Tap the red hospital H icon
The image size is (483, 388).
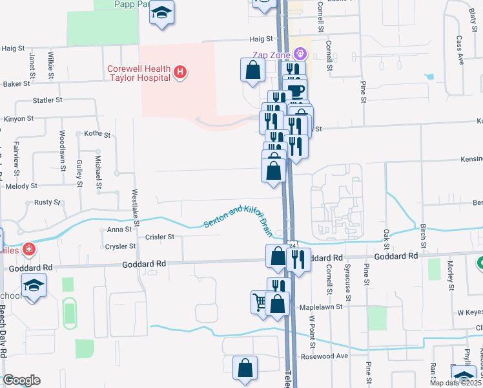coord(181,71)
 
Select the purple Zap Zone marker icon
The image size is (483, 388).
coord(299,52)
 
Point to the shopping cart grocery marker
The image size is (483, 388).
coord(260,301)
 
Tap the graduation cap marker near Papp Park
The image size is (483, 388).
coord(162,13)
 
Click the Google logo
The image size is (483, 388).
coord(21,380)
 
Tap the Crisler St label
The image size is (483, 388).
coord(160,237)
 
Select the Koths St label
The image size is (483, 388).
coord(98,134)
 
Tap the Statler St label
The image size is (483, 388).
coord(47,101)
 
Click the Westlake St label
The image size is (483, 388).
coord(136,205)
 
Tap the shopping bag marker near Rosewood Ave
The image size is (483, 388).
coord(245,368)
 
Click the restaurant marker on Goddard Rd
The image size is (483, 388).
coord(298,259)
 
